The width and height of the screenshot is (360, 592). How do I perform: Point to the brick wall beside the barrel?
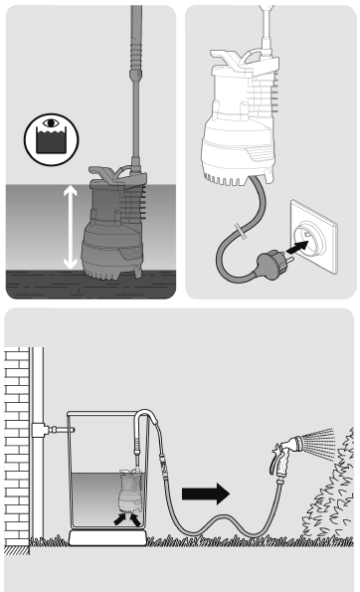point(17,438)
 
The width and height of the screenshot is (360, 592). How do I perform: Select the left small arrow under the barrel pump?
point(121,518)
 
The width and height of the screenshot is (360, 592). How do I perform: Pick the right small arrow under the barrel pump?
point(135,518)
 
